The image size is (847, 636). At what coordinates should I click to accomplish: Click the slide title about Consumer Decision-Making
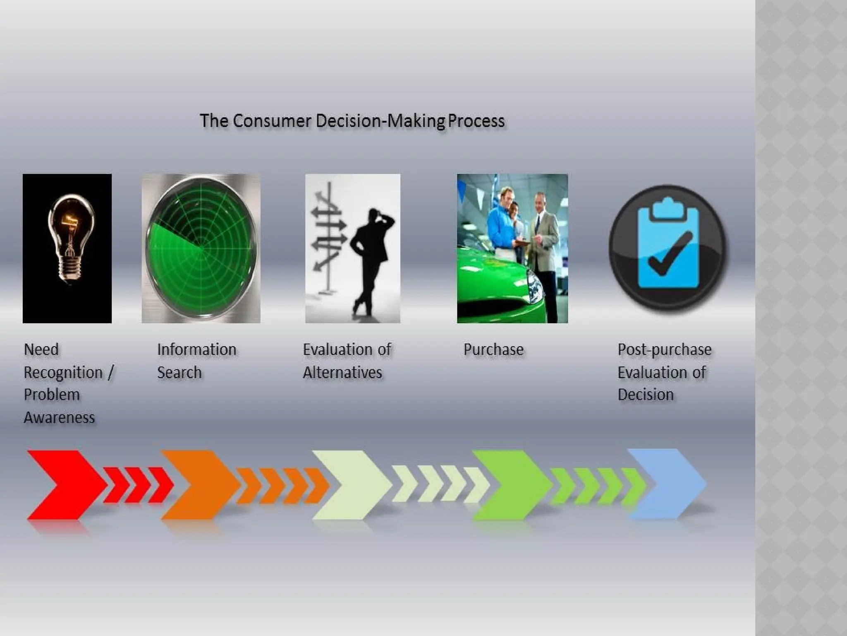point(352,121)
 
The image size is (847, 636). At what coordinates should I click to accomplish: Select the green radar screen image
point(201,248)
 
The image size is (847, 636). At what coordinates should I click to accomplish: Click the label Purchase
point(493,349)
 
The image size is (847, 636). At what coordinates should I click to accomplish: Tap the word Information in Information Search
point(197,349)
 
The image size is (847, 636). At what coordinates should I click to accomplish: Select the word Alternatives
point(342,372)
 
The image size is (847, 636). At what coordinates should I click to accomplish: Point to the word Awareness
point(60,417)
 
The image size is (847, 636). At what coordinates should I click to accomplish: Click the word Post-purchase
point(665,349)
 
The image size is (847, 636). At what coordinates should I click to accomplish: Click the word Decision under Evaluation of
point(646,395)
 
